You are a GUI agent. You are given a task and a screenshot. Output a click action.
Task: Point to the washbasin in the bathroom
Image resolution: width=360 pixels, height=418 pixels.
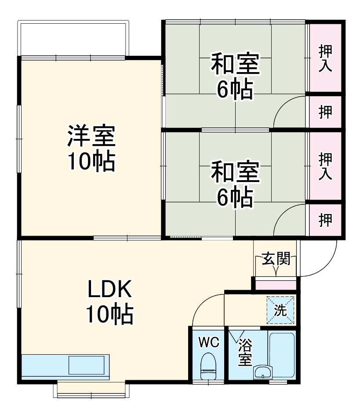(263, 373)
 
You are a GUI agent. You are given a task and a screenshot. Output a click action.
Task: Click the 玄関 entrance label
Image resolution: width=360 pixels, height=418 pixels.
(276, 259)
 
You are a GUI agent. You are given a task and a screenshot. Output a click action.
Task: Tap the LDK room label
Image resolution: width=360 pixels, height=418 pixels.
(109, 290)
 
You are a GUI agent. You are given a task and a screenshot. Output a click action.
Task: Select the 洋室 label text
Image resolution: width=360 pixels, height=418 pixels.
(91, 136)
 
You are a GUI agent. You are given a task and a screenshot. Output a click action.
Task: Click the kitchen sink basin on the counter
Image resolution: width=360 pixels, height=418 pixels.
(87, 366)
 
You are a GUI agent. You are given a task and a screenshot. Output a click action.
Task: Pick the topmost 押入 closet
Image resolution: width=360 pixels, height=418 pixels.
(325, 57)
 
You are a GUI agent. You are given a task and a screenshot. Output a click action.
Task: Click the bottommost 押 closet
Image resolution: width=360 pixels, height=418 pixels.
(325, 220)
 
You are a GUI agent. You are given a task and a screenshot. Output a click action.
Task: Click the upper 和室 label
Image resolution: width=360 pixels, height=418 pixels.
(235, 65)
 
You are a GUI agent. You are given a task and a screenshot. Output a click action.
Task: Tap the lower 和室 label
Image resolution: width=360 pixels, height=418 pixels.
(235, 172)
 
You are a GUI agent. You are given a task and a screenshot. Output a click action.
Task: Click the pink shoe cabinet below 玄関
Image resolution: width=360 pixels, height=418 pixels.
(276, 284)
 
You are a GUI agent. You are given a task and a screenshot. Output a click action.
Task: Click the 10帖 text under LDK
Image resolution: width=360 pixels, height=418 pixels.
(109, 315)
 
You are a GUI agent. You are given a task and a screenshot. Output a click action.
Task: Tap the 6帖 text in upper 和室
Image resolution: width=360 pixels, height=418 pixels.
(235, 89)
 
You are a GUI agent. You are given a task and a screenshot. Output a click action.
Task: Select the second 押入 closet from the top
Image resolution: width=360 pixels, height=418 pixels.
(325, 166)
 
